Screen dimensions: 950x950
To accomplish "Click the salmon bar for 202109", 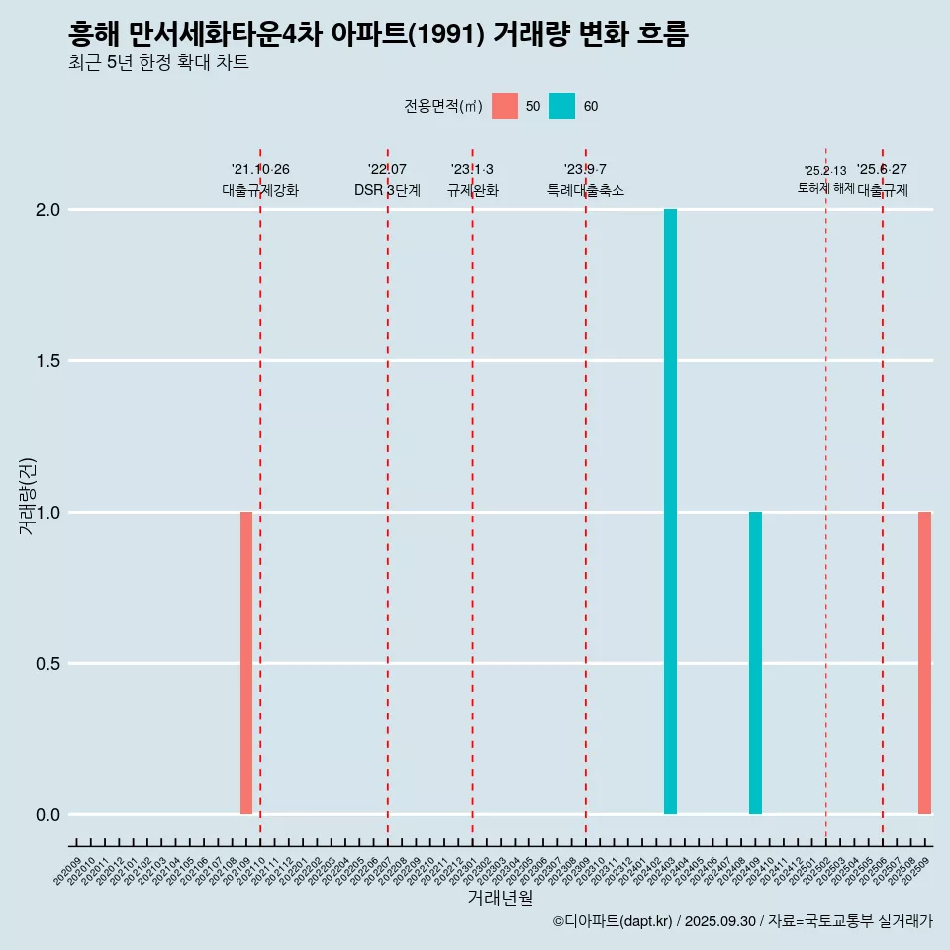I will [246, 663].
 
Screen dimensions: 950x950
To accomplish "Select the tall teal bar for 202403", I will [670, 512].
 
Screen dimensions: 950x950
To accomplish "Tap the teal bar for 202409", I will [755, 663].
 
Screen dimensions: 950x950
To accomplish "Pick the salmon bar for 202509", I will [924, 663].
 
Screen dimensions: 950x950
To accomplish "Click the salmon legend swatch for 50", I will [505, 106].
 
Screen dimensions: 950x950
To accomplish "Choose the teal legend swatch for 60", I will [562, 106].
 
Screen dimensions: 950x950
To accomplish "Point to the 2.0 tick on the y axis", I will [48, 210].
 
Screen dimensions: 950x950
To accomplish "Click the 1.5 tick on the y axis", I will [48, 361].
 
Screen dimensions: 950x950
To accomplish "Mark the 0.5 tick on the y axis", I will [48, 664].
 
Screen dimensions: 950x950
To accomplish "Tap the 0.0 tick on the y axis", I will [48, 815].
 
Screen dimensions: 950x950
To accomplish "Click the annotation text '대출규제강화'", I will [260, 190].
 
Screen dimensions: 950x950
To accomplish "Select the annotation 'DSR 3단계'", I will [387, 190].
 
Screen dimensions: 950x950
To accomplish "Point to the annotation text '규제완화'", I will [472, 190].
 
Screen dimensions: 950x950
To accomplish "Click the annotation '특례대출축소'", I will [586, 190].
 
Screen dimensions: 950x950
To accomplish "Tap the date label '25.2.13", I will [825, 171].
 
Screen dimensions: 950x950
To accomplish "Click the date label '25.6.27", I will [882, 170].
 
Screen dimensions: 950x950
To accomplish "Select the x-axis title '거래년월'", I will [500, 898].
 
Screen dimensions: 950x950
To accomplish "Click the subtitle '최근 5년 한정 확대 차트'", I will [158, 63].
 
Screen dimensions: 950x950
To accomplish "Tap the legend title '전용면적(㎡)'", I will [442, 107].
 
